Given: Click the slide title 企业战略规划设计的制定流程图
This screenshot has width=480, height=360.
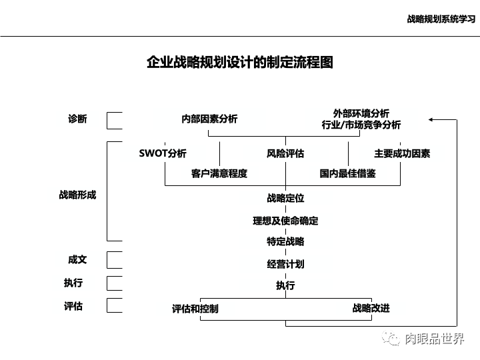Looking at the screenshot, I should [x=239, y=63].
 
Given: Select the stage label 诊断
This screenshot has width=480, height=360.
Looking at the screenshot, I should [x=77, y=119].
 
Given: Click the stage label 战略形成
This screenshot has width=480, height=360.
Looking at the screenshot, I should [x=77, y=195].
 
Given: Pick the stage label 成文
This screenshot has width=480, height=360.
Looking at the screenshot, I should [x=77, y=259].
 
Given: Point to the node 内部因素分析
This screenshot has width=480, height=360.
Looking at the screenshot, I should [x=209, y=119].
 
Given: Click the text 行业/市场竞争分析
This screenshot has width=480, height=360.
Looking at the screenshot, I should [x=361, y=125].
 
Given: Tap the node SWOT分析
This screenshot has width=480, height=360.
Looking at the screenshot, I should [x=163, y=153].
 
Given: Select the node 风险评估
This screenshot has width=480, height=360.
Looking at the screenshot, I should [x=285, y=153].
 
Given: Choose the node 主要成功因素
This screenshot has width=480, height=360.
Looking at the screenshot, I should [x=402, y=153].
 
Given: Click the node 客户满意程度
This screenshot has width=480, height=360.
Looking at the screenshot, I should [x=219, y=174].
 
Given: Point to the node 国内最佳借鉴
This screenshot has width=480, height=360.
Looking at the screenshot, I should [x=347, y=174].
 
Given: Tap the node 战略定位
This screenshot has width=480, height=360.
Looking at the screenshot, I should [x=285, y=198].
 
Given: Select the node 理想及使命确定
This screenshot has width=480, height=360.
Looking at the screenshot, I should [x=285, y=221].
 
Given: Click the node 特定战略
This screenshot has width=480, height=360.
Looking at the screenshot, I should [x=285, y=241].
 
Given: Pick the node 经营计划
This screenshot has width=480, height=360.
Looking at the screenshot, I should [x=285, y=264].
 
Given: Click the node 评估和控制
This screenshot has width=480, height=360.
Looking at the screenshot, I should [x=195, y=309].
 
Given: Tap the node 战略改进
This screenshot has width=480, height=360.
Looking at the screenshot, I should [x=371, y=308].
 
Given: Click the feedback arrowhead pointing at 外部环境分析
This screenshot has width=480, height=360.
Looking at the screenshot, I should [x=432, y=120].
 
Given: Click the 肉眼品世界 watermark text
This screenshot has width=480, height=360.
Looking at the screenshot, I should [x=434, y=339].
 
